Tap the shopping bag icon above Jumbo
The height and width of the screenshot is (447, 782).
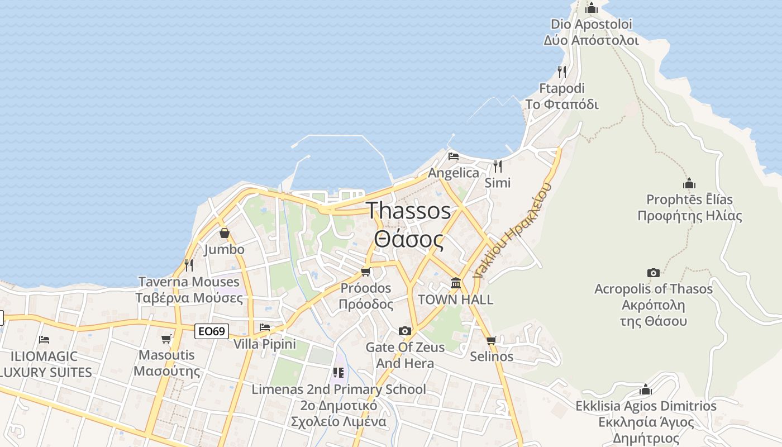[x=224, y=233]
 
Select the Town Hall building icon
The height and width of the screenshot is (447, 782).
[x=456, y=283]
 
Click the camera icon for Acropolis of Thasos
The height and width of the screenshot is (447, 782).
[x=653, y=273]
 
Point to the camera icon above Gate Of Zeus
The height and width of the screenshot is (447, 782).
[x=405, y=331]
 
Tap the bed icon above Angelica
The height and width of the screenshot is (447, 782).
[x=454, y=156]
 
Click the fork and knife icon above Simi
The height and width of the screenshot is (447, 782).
[x=497, y=166]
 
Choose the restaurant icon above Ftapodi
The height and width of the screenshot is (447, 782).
[x=562, y=72]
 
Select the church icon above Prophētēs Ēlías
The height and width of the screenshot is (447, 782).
[x=689, y=183]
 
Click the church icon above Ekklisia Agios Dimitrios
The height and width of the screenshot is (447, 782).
[x=646, y=389]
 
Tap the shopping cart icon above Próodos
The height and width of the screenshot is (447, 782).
[x=366, y=272]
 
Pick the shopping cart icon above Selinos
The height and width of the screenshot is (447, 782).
[x=492, y=340]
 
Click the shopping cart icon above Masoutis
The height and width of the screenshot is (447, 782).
[x=166, y=339]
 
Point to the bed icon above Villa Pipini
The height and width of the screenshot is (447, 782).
[x=265, y=327]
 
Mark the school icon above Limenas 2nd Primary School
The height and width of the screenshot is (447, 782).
[x=338, y=372]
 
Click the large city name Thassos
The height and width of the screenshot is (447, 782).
[x=409, y=211]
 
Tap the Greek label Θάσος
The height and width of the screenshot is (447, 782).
[x=409, y=240]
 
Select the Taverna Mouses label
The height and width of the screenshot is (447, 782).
[x=189, y=282]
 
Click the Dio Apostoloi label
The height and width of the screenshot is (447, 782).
[x=591, y=24]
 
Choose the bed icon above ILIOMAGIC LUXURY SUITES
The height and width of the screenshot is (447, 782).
[x=44, y=339]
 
